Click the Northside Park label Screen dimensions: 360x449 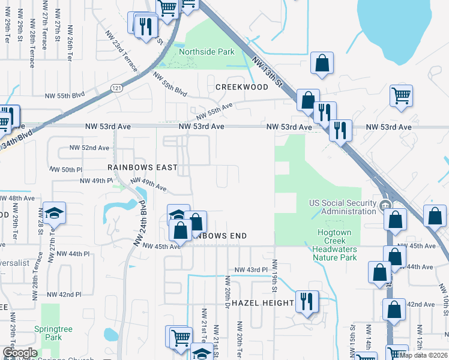(x=207, y=52)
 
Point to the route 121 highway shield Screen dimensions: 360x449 (x=116, y=88)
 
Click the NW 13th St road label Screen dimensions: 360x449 (x=267, y=71)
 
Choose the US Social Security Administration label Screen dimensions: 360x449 (x=342, y=207)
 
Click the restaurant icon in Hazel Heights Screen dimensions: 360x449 (x=307, y=301)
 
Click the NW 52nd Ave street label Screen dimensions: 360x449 (x=89, y=148)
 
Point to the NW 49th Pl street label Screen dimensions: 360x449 (x=97, y=181)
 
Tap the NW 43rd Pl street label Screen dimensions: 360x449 (x=251, y=270)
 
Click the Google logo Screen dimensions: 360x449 (x=20, y=353)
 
